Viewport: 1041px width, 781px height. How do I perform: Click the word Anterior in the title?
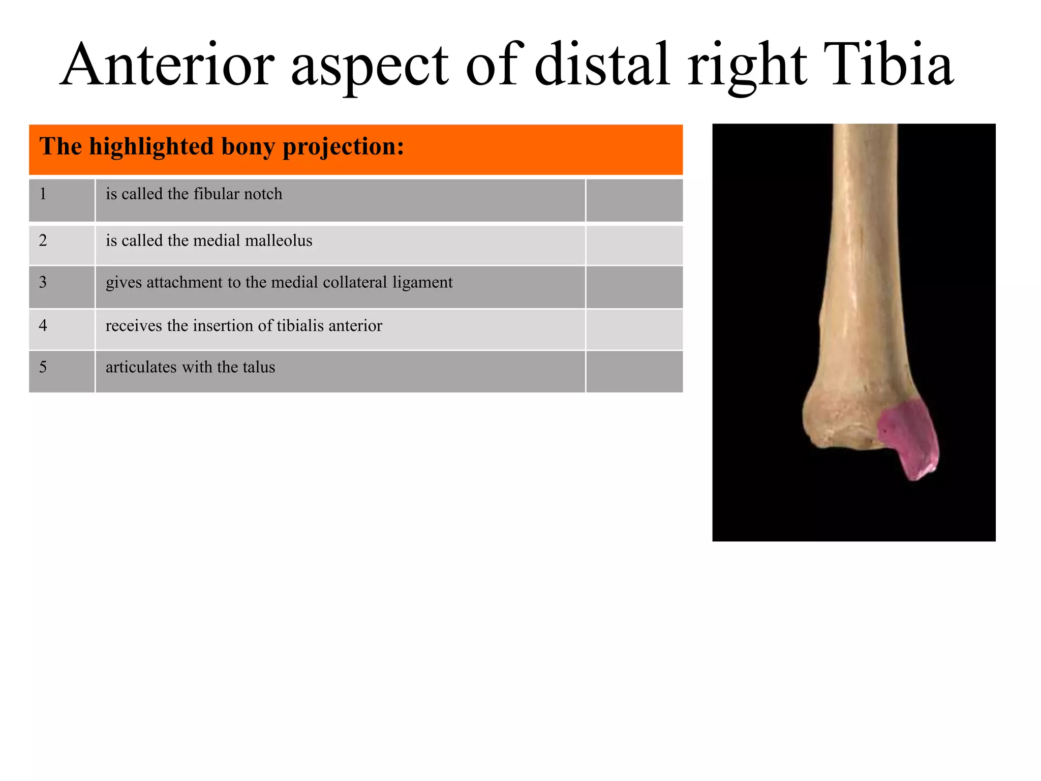tap(168, 65)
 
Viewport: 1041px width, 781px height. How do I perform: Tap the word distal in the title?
tap(602, 65)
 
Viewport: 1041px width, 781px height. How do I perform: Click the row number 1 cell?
tap(62, 200)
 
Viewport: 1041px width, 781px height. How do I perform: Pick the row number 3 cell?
tap(62, 287)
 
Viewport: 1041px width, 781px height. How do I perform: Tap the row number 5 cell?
tap(62, 371)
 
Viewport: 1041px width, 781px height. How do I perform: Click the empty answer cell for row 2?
tap(634, 245)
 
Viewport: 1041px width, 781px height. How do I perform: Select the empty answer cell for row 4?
tap(634, 329)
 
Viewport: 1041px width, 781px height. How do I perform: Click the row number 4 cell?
tap(62, 329)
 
